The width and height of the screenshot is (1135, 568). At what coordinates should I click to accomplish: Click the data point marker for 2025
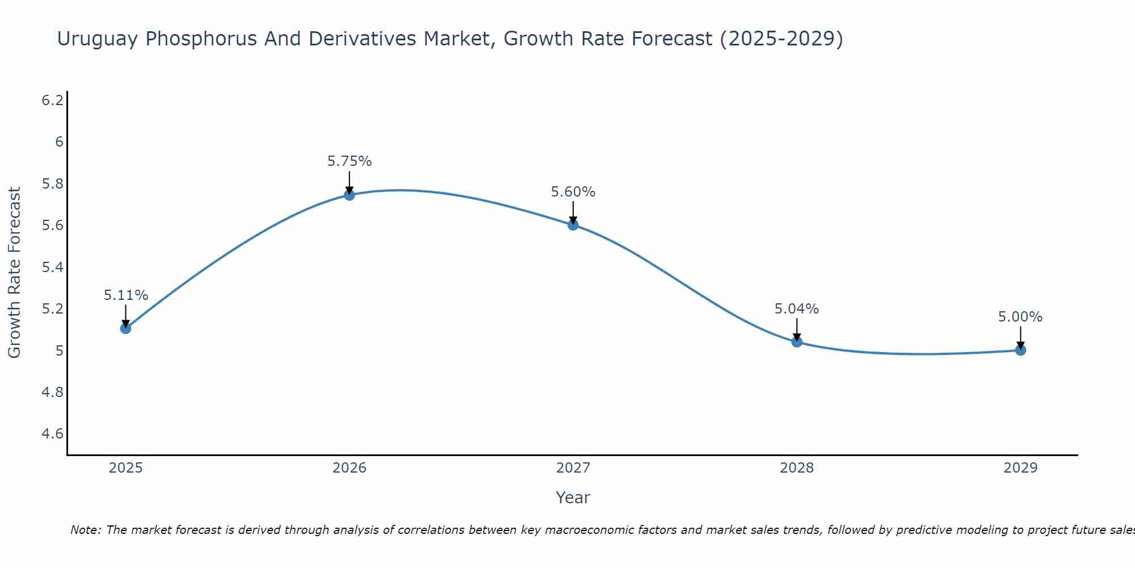tap(126, 328)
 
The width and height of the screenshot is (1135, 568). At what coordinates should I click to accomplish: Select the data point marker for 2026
tap(350, 195)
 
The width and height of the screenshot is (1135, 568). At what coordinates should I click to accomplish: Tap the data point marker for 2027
tap(573, 225)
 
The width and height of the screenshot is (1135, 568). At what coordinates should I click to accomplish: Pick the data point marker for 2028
tap(797, 342)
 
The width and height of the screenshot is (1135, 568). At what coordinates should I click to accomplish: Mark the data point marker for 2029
tap(1020, 350)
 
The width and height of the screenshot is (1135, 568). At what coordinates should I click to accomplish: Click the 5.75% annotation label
tap(350, 161)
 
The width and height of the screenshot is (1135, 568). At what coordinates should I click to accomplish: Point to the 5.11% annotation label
tap(126, 295)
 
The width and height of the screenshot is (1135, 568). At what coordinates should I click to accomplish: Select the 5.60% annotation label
tap(573, 192)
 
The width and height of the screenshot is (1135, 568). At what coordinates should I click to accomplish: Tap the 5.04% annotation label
tap(797, 309)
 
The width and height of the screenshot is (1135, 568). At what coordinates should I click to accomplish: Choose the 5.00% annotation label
tap(1020, 317)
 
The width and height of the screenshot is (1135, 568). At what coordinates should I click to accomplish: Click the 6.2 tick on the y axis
tap(52, 101)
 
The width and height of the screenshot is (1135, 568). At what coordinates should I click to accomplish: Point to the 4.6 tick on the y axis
tap(52, 434)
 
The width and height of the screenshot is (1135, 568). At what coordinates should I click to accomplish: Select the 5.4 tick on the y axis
tap(52, 268)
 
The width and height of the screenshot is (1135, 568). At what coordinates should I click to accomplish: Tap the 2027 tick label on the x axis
tap(573, 468)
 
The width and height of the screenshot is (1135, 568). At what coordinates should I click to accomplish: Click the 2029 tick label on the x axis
tap(1020, 468)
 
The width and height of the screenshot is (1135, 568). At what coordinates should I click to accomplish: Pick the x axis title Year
tap(573, 498)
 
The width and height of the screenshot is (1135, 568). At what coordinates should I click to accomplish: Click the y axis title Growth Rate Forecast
tap(15, 273)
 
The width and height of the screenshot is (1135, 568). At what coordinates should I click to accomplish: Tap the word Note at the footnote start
tap(85, 530)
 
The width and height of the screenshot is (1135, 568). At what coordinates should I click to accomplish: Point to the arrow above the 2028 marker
tap(797, 329)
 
